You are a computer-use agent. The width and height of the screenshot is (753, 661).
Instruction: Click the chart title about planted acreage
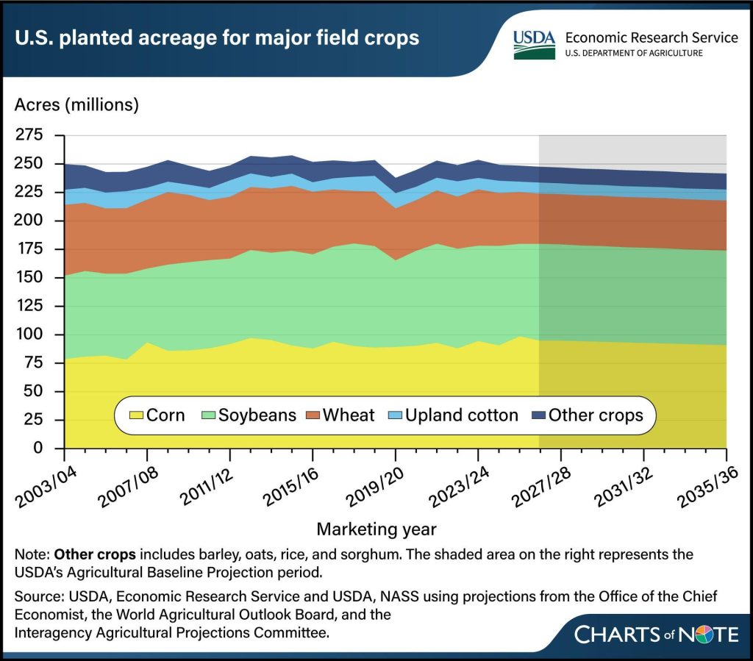click(x=217, y=37)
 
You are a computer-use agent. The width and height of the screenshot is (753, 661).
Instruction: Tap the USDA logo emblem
click(x=535, y=43)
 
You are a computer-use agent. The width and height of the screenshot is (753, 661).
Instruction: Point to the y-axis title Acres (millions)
click(x=76, y=104)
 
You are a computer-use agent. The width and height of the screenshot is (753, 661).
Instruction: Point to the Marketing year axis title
click(x=376, y=529)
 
